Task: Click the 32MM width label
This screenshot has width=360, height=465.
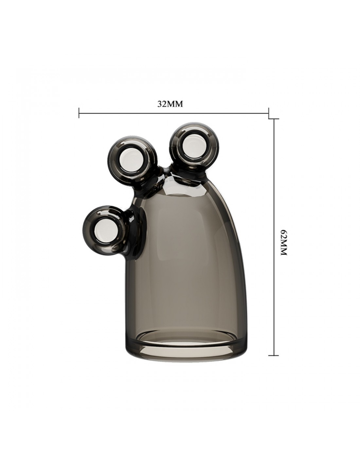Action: [170, 104]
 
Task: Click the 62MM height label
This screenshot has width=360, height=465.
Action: [283, 242]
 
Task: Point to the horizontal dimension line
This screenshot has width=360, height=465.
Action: [174, 113]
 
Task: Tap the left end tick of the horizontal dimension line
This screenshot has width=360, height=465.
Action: [79, 113]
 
